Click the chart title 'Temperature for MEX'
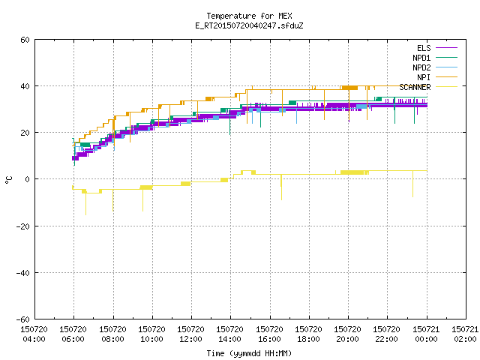tap(249, 16)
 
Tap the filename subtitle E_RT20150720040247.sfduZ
tap(249, 25)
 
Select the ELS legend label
tap(424, 48)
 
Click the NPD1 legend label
tap(421, 58)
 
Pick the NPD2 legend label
tap(421, 67)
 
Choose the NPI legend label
tap(424, 77)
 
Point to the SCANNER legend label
tap(415, 87)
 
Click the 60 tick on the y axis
tap(25, 40)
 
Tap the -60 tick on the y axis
tap(22, 319)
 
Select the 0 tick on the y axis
tap(27, 179)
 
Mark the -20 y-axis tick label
tap(22, 226)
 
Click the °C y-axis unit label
tap(9, 180)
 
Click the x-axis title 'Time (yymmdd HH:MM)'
tap(249, 353)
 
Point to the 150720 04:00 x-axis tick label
tap(34, 334)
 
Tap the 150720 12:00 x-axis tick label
tap(190, 334)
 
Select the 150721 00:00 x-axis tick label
tap(426, 334)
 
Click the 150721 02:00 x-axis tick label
tap(465, 334)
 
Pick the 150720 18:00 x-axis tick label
tap(308, 334)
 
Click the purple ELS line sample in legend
tap(447, 48)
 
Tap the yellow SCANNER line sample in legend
tap(447, 87)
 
